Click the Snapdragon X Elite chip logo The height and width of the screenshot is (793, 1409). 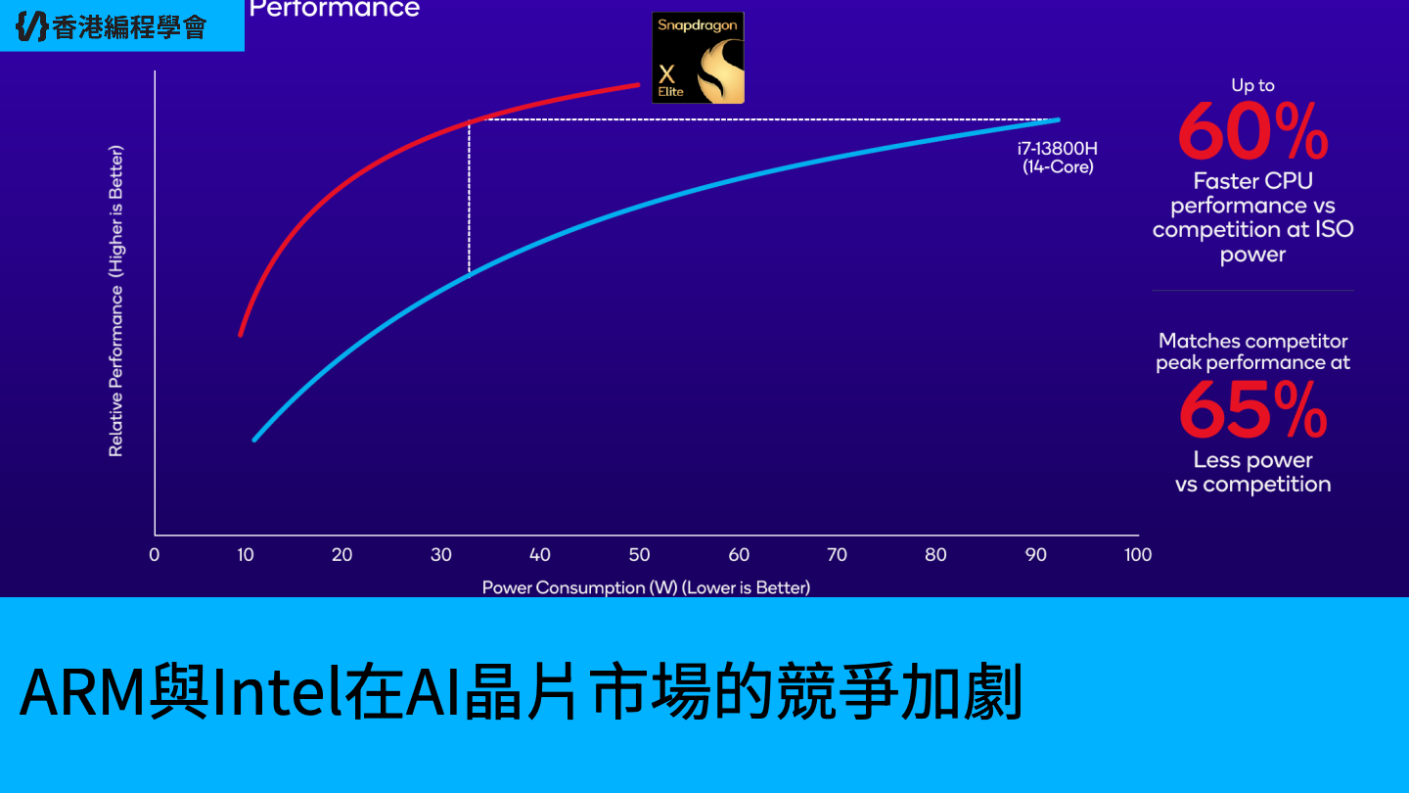[x=699, y=58]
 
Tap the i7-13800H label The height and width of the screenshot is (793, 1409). [x=1058, y=149]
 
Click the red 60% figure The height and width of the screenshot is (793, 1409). [x=1253, y=131]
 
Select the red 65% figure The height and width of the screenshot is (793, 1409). [x=1253, y=409]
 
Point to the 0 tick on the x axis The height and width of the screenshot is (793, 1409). [x=155, y=554]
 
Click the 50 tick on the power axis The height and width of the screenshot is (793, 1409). [x=639, y=554]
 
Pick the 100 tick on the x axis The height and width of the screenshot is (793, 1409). [x=1138, y=554]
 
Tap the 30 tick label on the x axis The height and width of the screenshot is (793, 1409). [x=441, y=554]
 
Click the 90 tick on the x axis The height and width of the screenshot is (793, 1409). [x=1035, y=554]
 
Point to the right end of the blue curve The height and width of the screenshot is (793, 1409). [x=1059, y=119]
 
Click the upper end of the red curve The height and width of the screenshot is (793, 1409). [x=638, y=84]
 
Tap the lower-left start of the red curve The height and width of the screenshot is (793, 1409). [x=241, y=335]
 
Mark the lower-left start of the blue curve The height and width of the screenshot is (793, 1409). [x=254, y=440]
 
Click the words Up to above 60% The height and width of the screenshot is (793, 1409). [x=1253, y=85]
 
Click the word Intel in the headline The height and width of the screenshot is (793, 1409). [x=278, y=691]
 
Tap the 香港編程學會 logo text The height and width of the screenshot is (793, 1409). [x=129, y=27]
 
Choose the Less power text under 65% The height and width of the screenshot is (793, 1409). [x=1253, y=460]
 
